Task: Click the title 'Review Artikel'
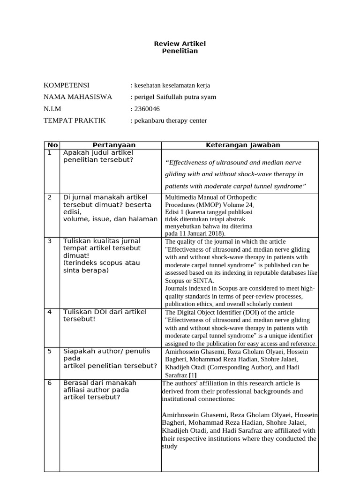180,44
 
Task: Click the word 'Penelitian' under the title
180,51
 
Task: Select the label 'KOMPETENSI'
66,85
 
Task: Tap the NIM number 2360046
147,109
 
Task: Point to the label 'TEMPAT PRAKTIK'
75,120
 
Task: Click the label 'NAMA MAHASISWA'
78,97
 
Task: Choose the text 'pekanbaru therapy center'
170,120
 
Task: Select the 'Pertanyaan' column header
111,145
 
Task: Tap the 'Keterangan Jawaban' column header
243,145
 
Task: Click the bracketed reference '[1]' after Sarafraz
193,375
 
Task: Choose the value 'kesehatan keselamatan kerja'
172,85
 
